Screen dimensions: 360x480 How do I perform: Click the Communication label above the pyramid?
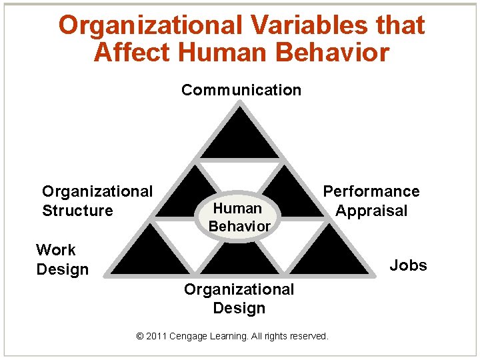pyautogui.click(x=241, y=90)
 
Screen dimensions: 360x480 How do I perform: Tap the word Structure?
pyautogui.click(x=77, y=211)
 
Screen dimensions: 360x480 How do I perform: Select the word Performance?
pyautogui.click(x=371, y=192)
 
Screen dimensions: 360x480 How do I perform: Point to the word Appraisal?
pyautogui.click(x=371, y=211)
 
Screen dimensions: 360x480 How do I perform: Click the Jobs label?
pyautogui.click(x=408, y=265)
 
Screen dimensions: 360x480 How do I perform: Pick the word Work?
pyautogui.click(x=56, y=250)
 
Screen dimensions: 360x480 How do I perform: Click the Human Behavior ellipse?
pyautogui.click(x=239, y=217)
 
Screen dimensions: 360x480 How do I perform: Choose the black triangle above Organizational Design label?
pyautogui.click(x=240, y=260)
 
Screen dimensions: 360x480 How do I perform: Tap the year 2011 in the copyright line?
pyautogui.click(x=157, y=336)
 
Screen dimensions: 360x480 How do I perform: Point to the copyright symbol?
pyautogui.click(x=139, y=336)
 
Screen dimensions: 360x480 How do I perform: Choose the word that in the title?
pyautogui.click(x=400, y=25)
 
